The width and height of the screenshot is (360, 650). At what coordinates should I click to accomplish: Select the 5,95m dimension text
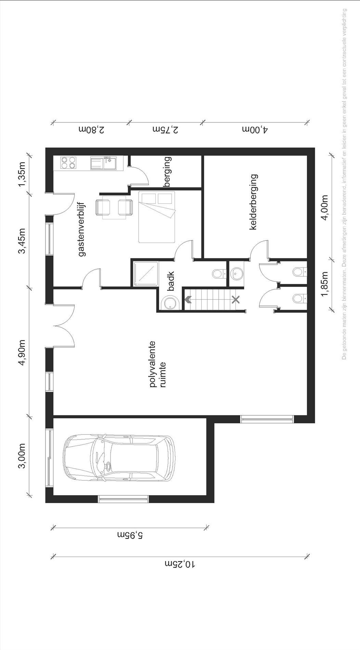tap(130, 535)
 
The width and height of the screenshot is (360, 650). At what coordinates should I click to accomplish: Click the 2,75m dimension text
tap(165, 130)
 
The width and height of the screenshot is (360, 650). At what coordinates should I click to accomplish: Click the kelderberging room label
tap(253, 202)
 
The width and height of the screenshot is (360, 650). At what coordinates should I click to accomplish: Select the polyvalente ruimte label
tap(157, 364)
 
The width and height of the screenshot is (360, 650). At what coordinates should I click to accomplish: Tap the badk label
tap(171, 281)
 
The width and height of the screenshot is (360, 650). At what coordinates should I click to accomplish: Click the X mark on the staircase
tap(235, 300)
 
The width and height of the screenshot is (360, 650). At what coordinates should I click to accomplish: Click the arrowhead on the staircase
tap(188, 300)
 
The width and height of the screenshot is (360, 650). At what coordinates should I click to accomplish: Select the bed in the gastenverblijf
tap(156, 217)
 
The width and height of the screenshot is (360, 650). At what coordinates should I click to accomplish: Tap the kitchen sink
tap(103, 163)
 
